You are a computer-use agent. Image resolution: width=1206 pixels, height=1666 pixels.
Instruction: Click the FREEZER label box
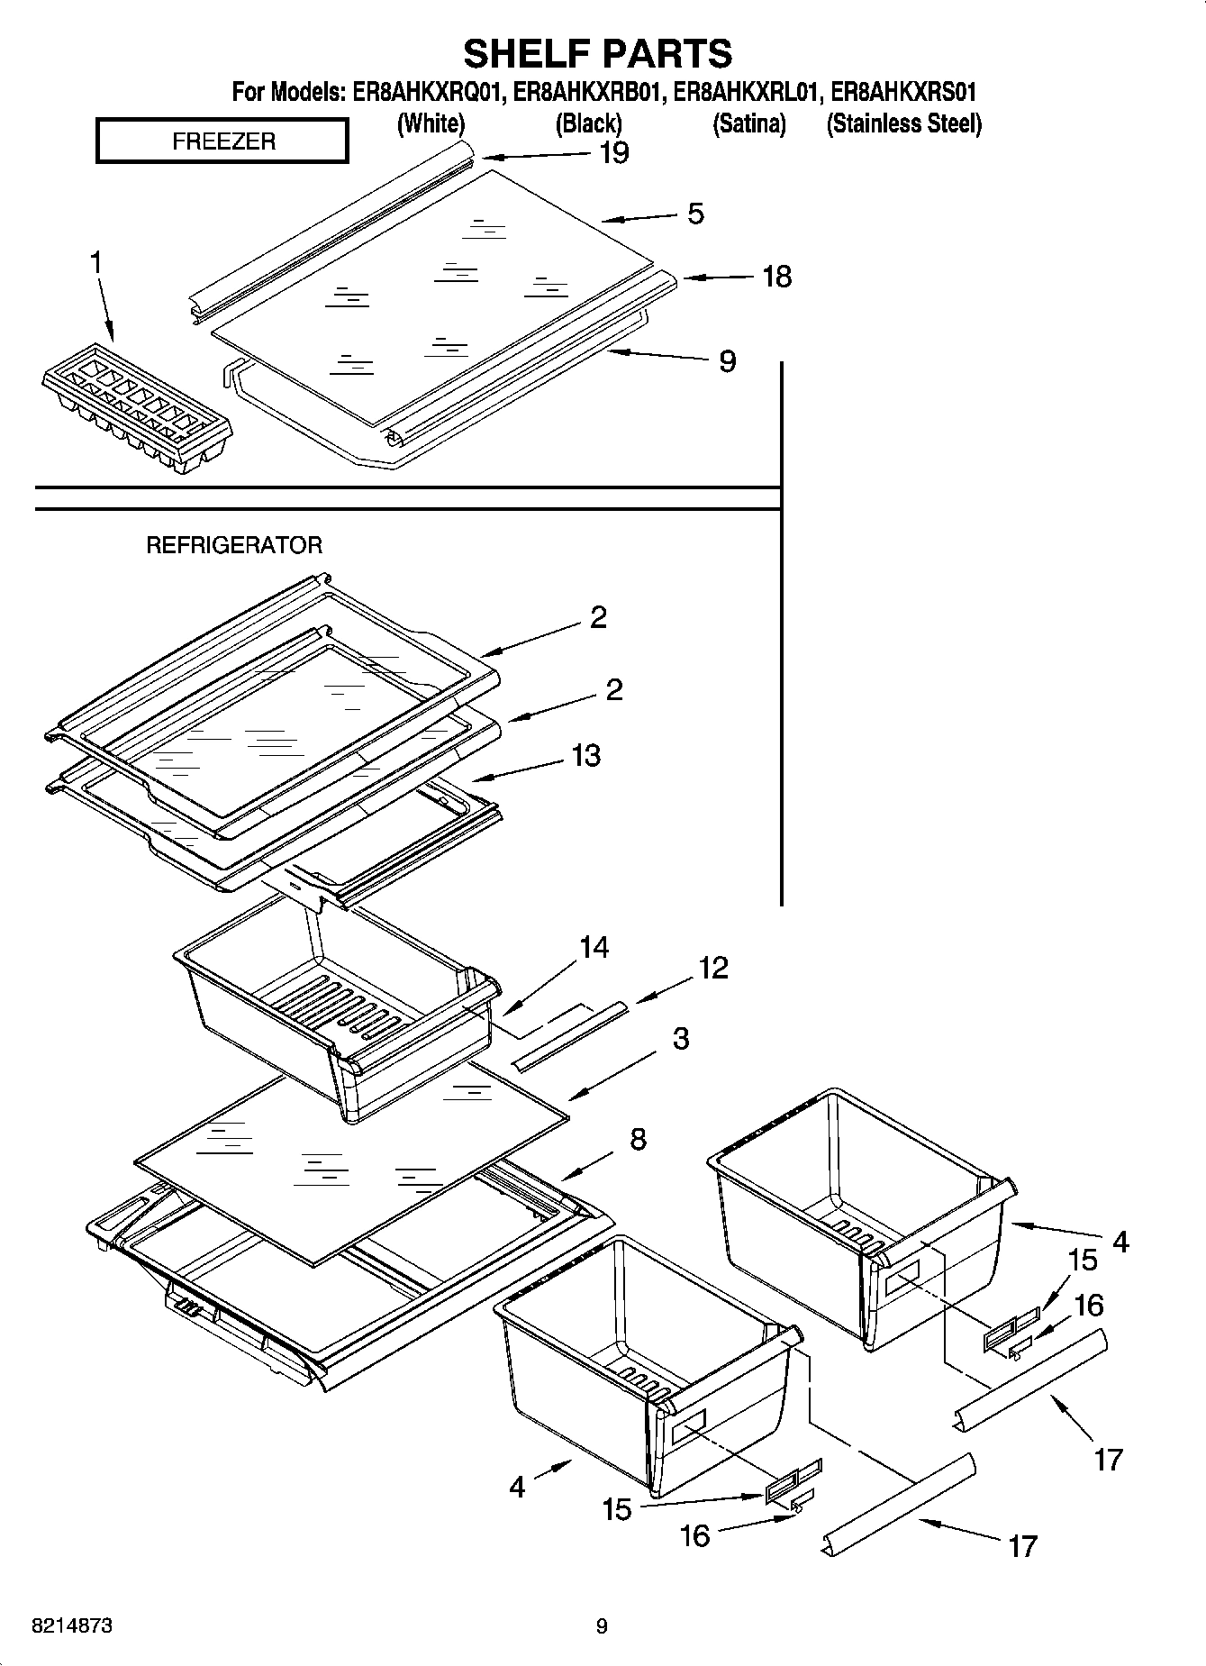[222, 141]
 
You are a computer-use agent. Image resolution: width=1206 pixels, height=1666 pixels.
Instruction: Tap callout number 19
[613, 153]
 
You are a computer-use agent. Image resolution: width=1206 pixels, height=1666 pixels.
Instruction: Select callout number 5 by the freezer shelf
[695, 214]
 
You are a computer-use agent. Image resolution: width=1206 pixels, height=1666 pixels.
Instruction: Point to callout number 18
[776, 277]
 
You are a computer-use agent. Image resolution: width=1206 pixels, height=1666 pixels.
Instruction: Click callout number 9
[727, 361]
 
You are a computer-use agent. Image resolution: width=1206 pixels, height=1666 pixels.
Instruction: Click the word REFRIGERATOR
[234, 545]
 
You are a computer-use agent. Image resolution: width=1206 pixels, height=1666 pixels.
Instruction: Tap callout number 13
[585, 755]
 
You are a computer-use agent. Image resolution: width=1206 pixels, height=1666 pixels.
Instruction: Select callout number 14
[594, 947]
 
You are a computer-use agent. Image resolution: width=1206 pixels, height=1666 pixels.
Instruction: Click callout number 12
[712, 968]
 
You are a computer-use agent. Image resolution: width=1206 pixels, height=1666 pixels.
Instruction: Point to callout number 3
[681, 1038]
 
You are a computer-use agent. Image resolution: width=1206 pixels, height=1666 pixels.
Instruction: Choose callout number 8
[638, 1139]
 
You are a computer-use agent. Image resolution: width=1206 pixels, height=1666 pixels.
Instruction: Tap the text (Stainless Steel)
[903, 123]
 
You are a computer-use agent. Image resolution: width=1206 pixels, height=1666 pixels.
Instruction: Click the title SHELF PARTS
[598, 53]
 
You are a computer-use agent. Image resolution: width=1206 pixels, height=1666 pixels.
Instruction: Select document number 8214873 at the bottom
[72, 1626]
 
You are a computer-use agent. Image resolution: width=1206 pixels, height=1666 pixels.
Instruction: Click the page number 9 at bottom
[602, 1626]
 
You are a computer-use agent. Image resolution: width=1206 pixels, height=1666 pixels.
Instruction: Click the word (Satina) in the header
[748, 123]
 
